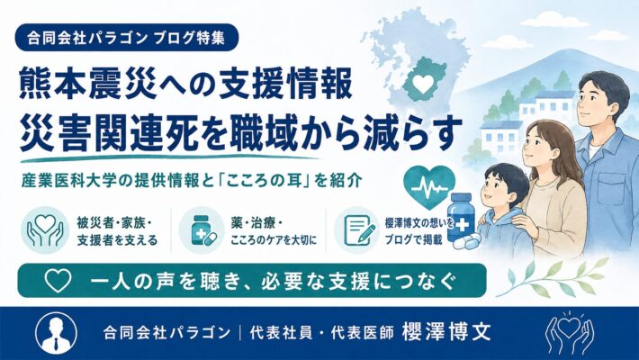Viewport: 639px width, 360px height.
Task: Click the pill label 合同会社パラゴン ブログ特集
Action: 126,38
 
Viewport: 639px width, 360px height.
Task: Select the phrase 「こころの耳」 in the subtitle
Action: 264,181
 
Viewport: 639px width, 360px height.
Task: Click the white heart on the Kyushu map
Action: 423,84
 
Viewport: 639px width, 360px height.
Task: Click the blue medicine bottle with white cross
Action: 461,218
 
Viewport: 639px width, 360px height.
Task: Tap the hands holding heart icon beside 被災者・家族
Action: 45,230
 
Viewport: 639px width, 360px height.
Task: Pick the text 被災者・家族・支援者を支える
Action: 117,230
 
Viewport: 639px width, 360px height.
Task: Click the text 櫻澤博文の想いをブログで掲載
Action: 418,230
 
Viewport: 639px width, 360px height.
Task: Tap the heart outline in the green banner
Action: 58,281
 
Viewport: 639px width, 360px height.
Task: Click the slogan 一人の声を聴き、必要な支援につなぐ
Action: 272,281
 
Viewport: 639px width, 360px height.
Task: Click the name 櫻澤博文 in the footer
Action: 446,332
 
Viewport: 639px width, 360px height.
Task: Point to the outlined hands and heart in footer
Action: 570,333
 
